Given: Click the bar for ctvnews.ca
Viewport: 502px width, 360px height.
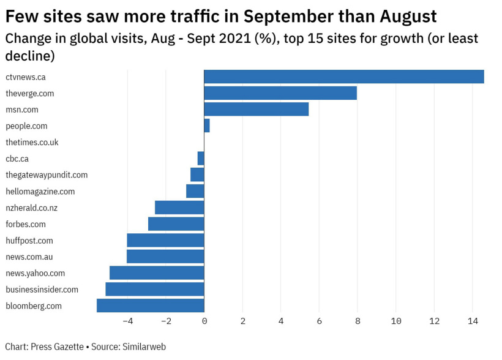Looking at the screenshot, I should tap(343, 77).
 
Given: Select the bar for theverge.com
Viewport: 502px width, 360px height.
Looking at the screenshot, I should tap(280, 93).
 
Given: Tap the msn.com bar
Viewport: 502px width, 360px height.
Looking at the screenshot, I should tap(256, 110).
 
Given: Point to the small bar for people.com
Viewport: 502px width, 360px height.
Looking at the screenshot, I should tap(207, 126).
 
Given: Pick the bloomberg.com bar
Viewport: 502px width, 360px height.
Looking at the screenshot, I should tap(150, 306).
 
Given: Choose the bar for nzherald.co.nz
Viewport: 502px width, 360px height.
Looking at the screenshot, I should tap(179, 208).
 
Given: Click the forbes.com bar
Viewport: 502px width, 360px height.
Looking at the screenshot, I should tap(176, 224).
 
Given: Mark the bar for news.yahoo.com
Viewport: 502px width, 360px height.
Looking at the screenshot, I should tap(157, 273).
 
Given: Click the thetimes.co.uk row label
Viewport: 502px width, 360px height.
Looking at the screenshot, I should tap(32, 142).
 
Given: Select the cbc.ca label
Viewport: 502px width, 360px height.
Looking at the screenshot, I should tap(17, 159).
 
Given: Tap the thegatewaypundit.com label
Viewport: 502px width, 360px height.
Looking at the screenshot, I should tap(47, 175).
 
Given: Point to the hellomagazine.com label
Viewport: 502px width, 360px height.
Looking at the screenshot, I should tap(40, 192).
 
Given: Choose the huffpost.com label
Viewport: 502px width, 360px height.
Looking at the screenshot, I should tap(29, 241).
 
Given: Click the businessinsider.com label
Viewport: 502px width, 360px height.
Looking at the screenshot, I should tap(42, 290).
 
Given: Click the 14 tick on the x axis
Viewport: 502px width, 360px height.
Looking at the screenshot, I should tap(473, 321).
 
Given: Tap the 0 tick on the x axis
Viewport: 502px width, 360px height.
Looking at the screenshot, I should tap(204, 321).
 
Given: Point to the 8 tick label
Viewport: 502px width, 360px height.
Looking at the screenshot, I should tap(358, 321).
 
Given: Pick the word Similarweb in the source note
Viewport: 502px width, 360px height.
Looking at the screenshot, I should tap(144, 347).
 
